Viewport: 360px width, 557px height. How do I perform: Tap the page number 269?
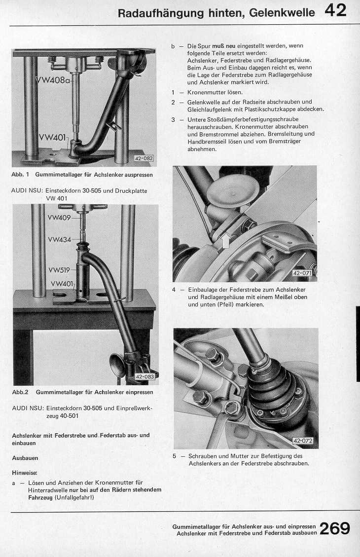coord(335,528)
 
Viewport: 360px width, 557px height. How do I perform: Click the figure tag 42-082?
coord(144,158)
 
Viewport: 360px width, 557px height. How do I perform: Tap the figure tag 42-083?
coord(144,377)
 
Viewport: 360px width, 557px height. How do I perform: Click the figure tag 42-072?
coord(303,441)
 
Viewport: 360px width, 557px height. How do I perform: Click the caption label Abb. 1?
coord(21,175)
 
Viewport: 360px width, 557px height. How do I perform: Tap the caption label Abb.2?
coord(21,392)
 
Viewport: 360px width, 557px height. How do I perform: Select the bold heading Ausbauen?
coord(25,458)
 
